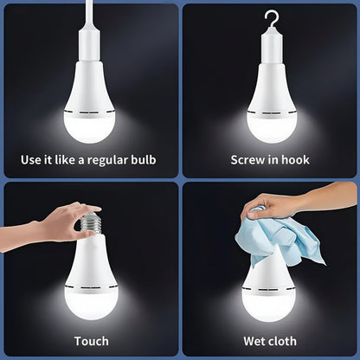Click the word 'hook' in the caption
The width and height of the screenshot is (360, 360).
click(292, 160)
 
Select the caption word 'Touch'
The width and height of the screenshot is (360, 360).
click(91, 341)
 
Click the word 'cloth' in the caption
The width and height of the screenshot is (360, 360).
click(281, 341)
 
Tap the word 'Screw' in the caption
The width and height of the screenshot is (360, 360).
click(249, 160)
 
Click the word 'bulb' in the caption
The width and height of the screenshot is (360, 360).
click(154, 160)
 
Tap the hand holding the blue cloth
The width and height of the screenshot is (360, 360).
click(286, 202)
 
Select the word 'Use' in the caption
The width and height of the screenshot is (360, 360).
click(31, 160)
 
